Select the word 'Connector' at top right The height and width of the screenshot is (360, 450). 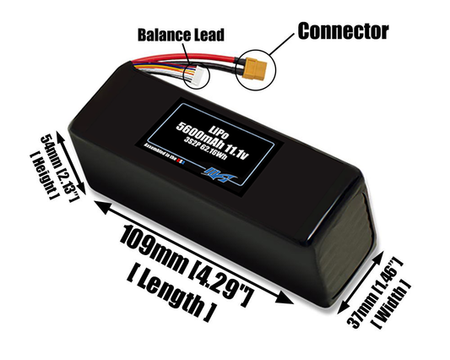[342, 31]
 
